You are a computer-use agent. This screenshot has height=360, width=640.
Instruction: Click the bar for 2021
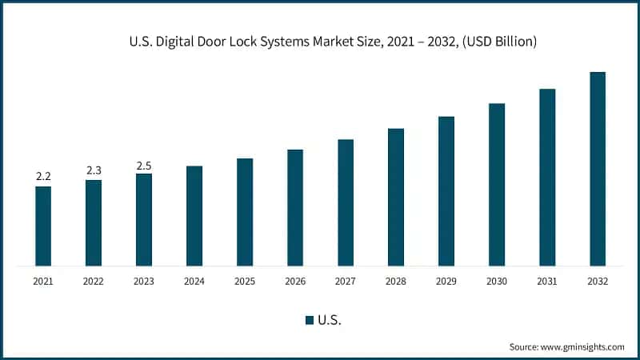coord(43,226)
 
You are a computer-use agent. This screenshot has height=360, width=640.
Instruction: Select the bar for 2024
coord(194,216)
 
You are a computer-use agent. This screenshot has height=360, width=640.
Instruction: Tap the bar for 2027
coord(346,202)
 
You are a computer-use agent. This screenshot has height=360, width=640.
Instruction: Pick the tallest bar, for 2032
coord(598,169)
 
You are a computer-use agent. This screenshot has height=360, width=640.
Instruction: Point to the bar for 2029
coord(446,191)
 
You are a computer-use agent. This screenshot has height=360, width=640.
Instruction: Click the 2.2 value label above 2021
coord(43,176)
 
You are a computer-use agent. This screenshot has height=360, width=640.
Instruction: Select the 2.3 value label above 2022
coord(94,170)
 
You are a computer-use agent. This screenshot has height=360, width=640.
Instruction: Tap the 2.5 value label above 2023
coord(144,166)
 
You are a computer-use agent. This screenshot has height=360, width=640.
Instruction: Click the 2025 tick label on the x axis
coord(245,282)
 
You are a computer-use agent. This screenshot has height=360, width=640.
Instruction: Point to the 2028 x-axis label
coord(396,282)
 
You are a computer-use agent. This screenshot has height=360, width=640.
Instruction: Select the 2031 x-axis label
coord(547,282)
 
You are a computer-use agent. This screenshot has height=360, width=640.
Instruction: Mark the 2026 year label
coord(295,282)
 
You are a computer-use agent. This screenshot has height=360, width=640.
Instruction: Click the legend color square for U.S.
coord(309,320)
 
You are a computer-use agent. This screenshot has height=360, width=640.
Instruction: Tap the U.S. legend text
coord(330,320)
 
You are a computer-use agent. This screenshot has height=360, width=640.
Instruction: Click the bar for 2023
coord(144,219)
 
